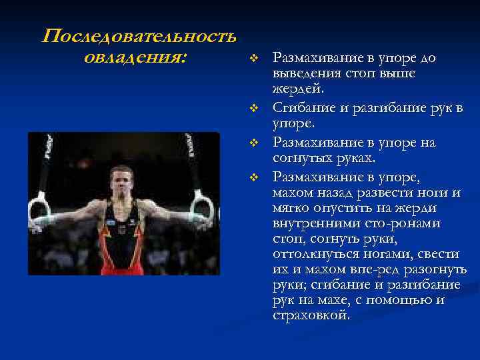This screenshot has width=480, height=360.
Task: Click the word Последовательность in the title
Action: (x=139, y=36)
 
